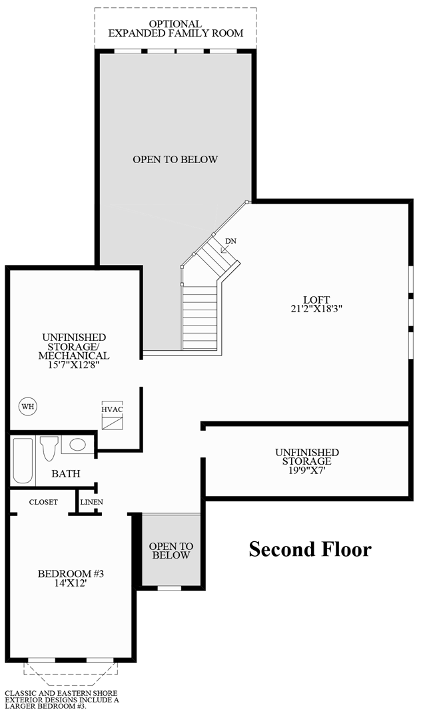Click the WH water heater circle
(x=27, y=406)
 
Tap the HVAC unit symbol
(x=113, y=417)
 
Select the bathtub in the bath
(x=23, y=460)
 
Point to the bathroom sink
(x=77, y=445)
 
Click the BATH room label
(x=66, y=474)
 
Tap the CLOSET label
(x=43, y=502)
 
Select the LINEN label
(x=91, y=502)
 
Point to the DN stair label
(x=230, y=241)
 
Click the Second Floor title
(x=310, y=549)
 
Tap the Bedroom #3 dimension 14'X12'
(x=69, y=583)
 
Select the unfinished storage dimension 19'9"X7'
(x=307, y=470)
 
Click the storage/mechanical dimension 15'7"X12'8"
(x=73, y=365)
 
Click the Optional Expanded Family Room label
(x=175, y=29)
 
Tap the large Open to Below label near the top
(x=175, y=160)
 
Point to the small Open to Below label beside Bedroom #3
(x=171, y=550)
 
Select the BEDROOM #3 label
(x=69, y=574)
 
